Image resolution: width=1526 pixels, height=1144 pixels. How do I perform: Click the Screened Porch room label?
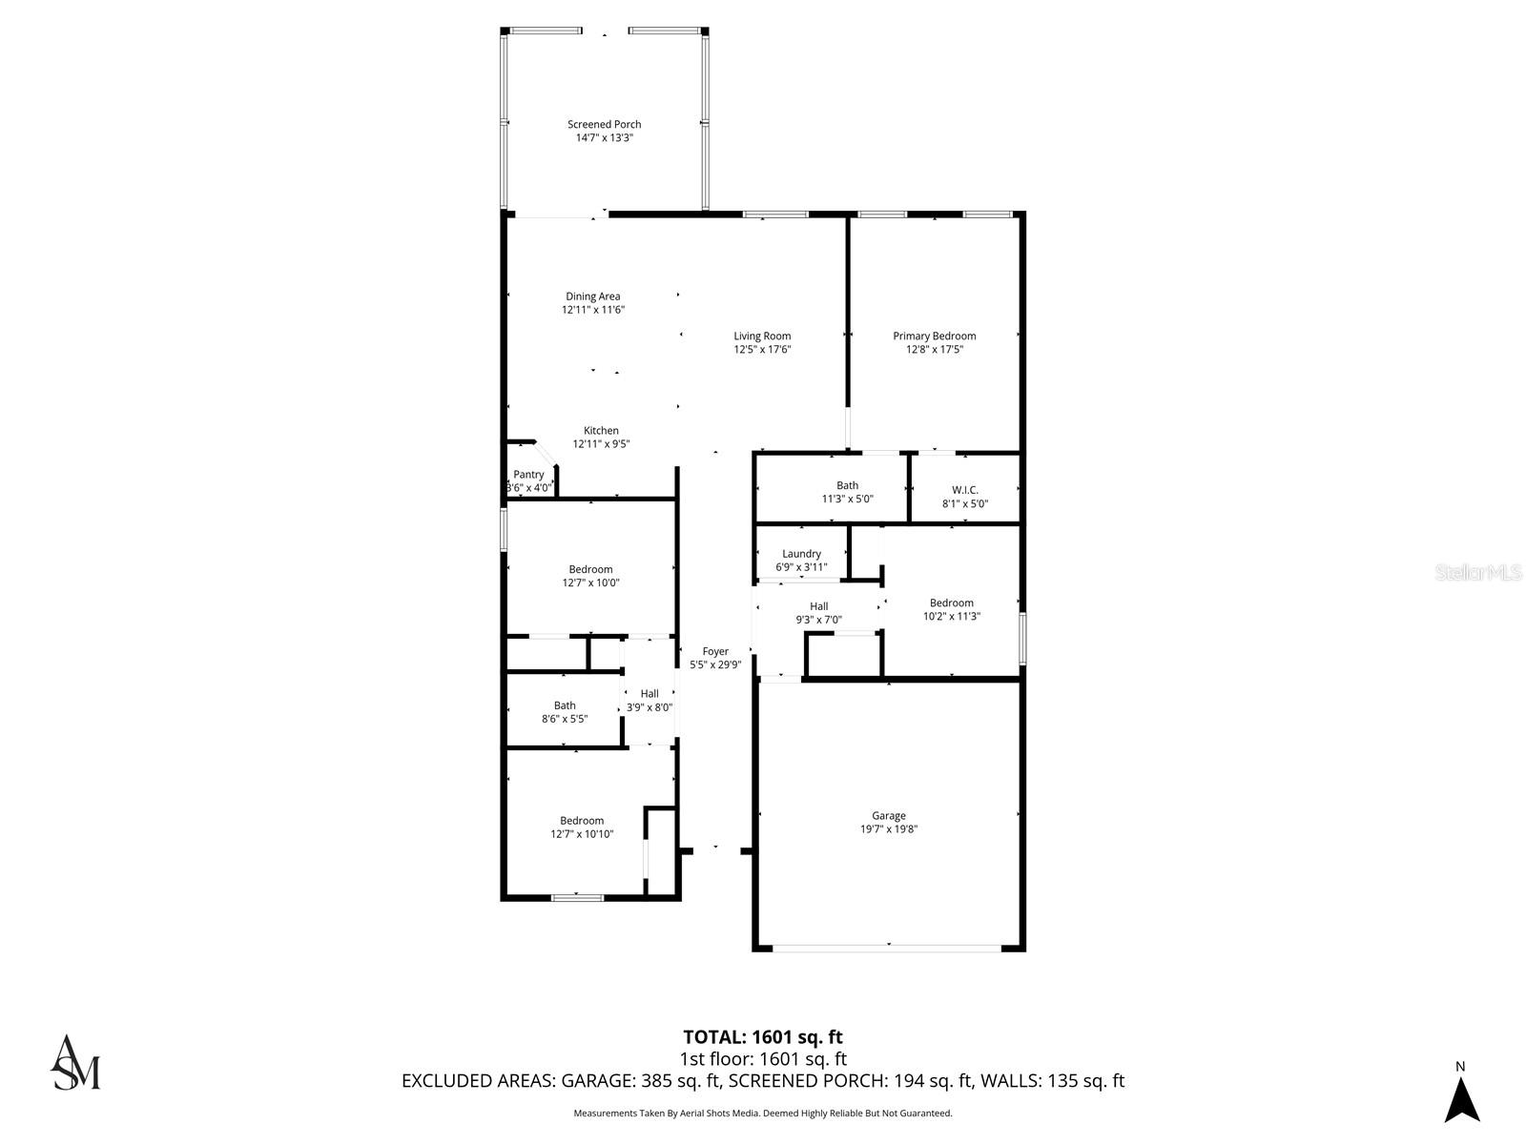pos(604,125)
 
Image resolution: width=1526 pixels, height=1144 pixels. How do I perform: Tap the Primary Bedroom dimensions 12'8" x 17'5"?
pos(934,350)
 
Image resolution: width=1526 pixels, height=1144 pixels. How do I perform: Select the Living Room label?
pos(762,336)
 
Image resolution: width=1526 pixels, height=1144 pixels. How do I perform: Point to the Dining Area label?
pos(592,296)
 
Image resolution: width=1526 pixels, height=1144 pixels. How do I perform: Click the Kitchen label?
pos(601,431)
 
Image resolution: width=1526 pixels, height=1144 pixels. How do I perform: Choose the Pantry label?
pos(528,475)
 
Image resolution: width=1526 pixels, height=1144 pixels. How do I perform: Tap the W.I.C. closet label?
pos(964,490)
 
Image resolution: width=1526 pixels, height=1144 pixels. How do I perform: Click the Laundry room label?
pos(801,554)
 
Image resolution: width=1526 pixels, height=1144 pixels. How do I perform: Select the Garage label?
pos(888,816)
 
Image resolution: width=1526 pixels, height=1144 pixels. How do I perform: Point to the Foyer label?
pos(715,652)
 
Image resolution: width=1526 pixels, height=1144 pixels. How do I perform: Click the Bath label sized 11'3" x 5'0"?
pos(847,486)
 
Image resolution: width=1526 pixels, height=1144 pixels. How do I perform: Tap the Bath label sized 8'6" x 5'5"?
pos(565,706)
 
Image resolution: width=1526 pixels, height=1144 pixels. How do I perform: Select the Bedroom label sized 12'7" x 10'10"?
pos(582,821)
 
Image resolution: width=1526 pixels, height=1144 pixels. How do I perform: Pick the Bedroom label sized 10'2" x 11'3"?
pos(951,603)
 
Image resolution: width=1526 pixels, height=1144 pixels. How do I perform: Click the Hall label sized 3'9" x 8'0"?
pos(650,694)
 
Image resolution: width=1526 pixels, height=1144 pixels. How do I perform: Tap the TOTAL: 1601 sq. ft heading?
pos(762,1037)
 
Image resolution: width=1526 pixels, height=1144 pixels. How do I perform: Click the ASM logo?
pos(75,1062)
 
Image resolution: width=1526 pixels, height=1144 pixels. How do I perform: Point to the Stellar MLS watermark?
pos(1478,573)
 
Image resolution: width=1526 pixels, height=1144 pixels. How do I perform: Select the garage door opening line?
pos(887,948)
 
